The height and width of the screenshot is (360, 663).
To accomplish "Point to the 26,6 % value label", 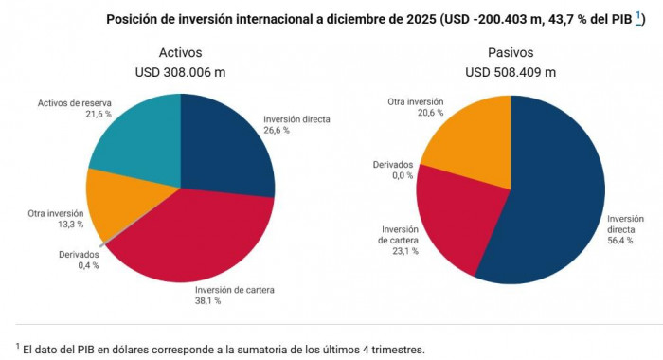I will pos(277,130).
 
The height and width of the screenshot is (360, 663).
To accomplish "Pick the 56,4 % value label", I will pos(621,241).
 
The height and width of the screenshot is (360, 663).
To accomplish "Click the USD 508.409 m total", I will pos(511,72).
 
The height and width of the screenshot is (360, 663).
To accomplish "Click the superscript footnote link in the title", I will pos(639,16).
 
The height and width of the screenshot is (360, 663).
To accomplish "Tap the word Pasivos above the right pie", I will pos(511,52).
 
